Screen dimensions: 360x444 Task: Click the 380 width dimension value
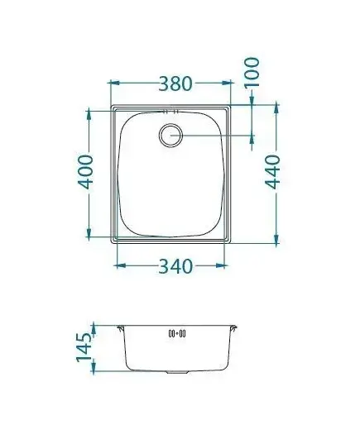(175, 84)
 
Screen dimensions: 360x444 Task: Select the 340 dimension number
(175, 266)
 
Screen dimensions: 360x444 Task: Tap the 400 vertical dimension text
(85, 172)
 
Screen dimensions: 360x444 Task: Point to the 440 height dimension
(273, 172)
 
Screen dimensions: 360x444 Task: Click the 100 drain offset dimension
(252, 72)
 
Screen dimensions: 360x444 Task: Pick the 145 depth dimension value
(84, 347)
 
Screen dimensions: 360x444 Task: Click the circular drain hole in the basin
(170, 136)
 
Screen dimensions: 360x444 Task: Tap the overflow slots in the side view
(177, 334)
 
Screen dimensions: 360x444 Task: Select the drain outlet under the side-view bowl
(177, 372)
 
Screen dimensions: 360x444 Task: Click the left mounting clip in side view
(121, 328)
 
